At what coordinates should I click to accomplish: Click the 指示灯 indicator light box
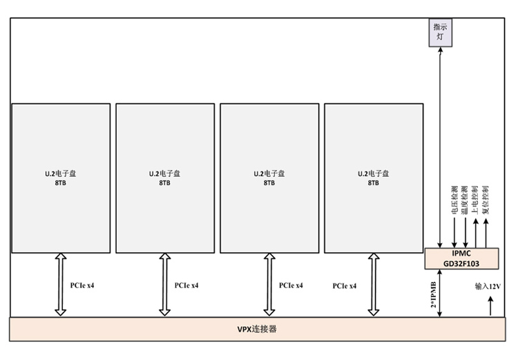click(x=439, y=33)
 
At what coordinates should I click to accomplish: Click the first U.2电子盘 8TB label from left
click(x=60, y=178)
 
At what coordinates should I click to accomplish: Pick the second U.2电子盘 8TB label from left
click(x=164, y=178)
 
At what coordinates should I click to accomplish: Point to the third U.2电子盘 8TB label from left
click(x=269, y=178)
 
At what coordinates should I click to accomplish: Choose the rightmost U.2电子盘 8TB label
click(x=373, y=178)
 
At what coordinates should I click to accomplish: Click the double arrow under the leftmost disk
click(x=60, y=285)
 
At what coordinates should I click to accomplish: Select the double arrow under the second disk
click(x=164, y=285)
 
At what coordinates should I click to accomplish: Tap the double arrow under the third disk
click(x=269, y=285)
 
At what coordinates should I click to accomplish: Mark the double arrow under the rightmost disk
click(x=373, y=285)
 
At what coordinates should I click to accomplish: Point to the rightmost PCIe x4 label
click(x=344, y=285)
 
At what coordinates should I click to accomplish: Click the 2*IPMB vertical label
click(x=433, y=294)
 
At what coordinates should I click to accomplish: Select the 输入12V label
click(x=488, y=285)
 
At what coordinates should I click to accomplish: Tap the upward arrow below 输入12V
click(x=491, y=305)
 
